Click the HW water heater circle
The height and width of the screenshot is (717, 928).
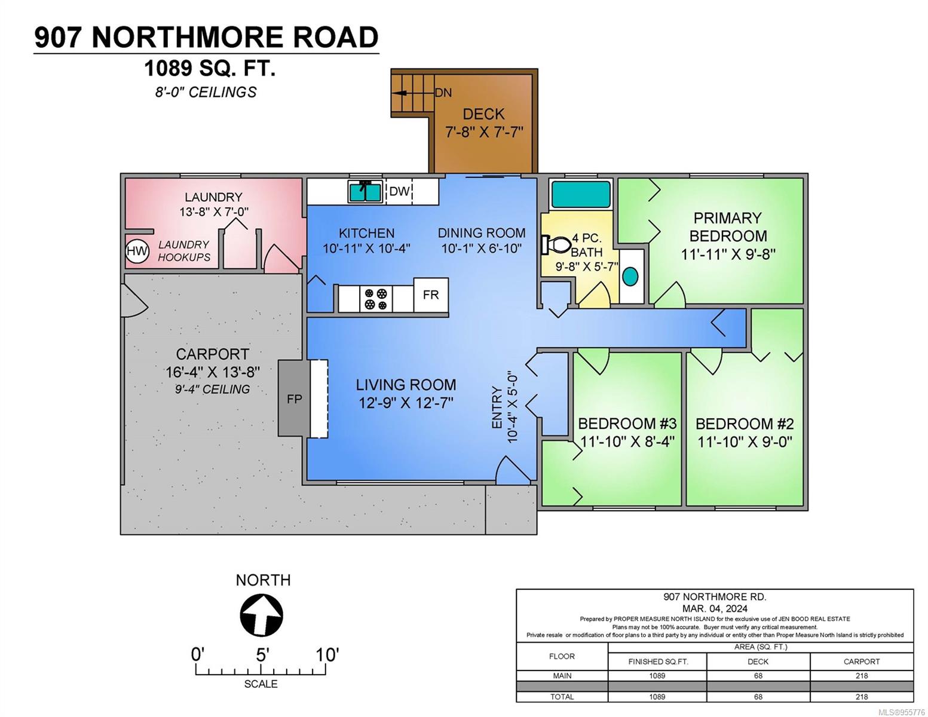pyautogui.click(x=137, y=251)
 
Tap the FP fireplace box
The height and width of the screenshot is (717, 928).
pyautogui.click(x=294, y=399)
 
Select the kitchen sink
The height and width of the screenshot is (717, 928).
pyautogui.click(x=365, y=192)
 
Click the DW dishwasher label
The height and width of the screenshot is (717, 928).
pyautogui.click(x=399, y=191)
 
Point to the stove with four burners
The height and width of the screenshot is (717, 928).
pyautogui.click(x=376, y=299)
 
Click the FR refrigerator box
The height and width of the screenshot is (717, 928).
pyautogui.click(x=431, y=295)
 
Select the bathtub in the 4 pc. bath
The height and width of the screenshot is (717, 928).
pyautogui.click(x=580, y=195)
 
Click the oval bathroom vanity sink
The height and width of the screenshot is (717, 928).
pyautogui.click(x=630, y=276)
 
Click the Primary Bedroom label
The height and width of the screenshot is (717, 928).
pyautogui.click(x=727, y=226)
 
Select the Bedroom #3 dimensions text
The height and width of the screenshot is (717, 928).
pyautogui.click(x=627, y=442)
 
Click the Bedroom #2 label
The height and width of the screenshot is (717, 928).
pyautogui.click(x=745, y=424)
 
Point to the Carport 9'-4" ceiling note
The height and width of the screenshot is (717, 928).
pyautogui.click(x=212, y=389)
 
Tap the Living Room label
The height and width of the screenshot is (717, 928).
pyautogui.click(x=406, y=384)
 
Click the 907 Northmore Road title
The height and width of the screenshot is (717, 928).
pyautogui.click(x=206, y=37)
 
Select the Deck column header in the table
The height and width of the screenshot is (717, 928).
pyautogui.click(x=758, y=661)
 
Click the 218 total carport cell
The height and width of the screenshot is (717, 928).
pyautogui.click(x=861, y=697)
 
